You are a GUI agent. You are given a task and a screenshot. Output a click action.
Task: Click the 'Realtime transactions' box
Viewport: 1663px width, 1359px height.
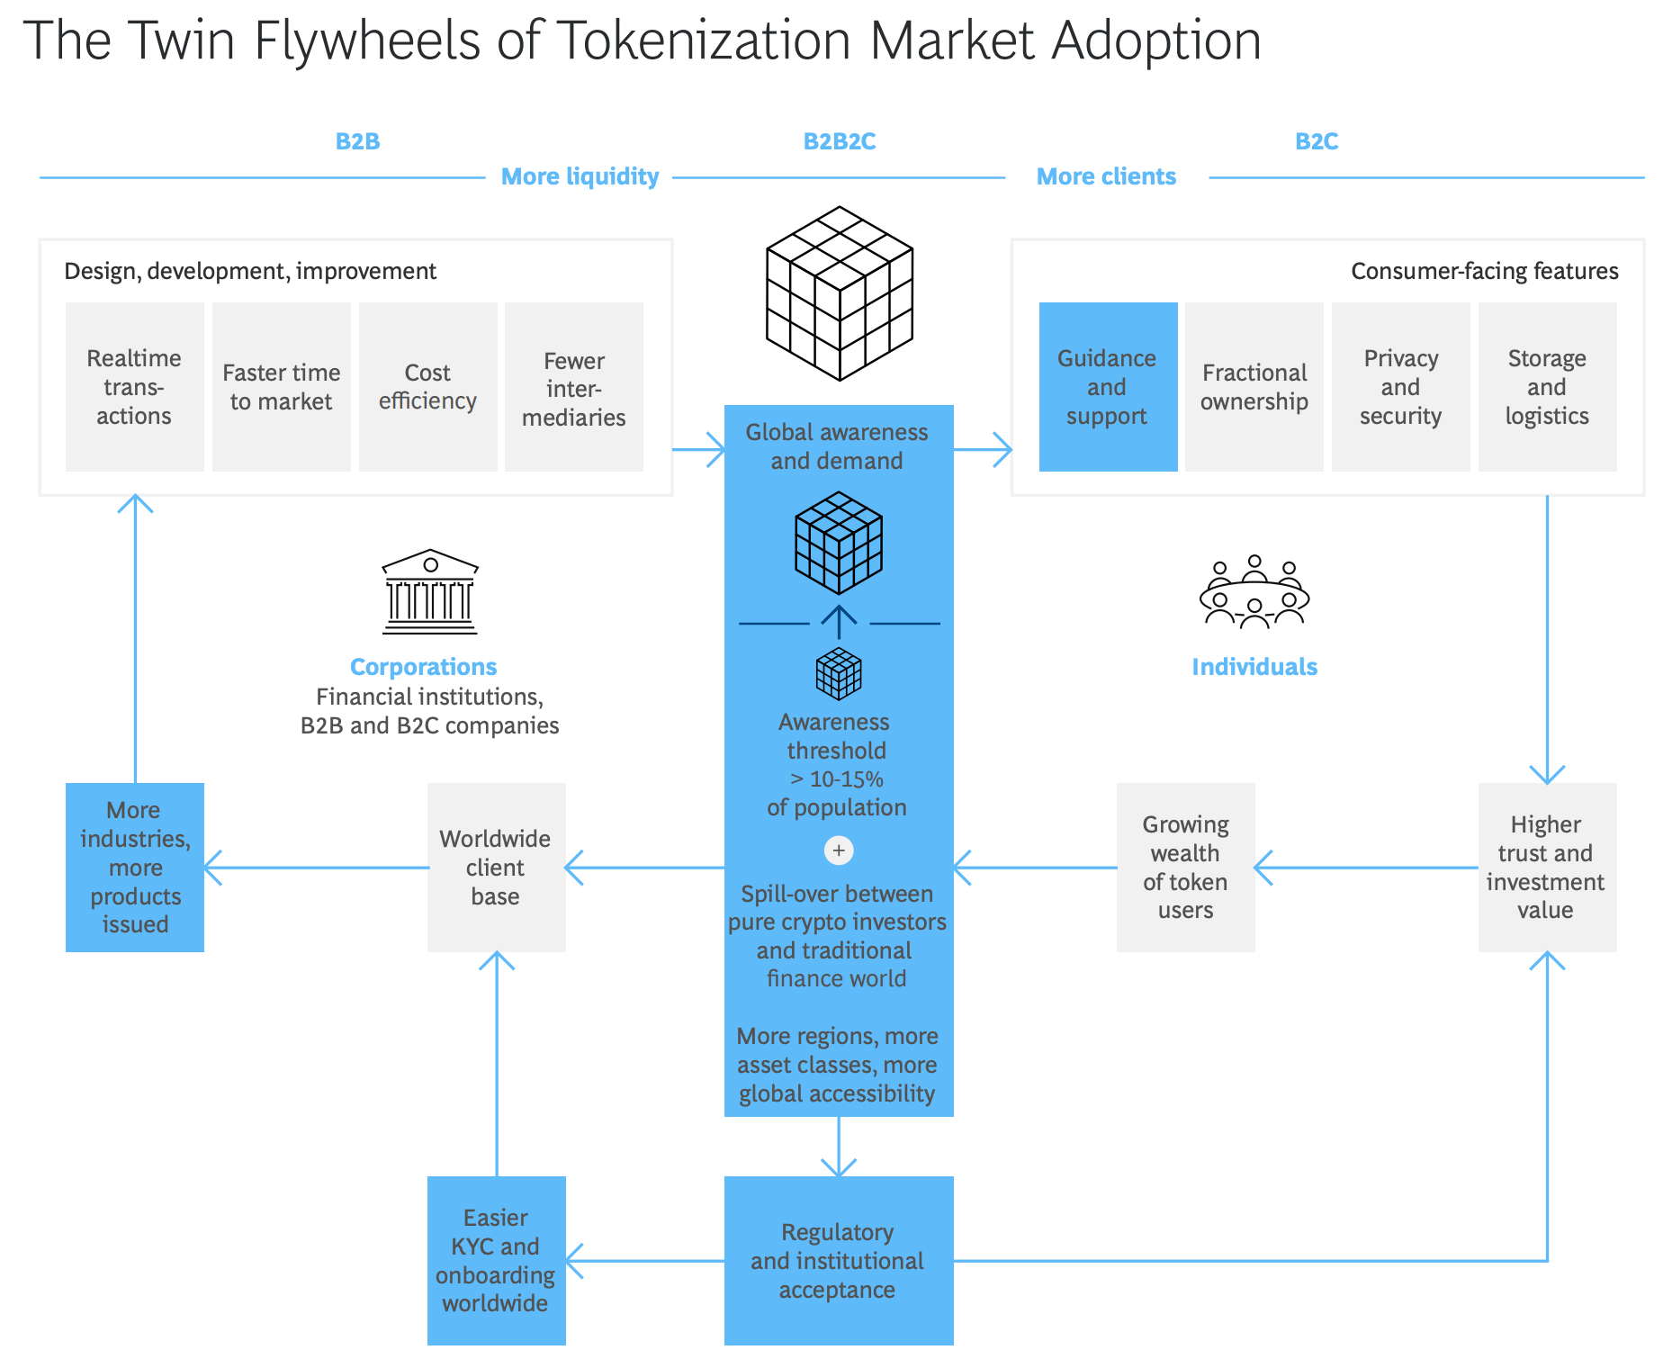point(135,387)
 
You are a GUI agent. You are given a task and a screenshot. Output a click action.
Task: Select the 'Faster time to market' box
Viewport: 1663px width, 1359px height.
point(282,387)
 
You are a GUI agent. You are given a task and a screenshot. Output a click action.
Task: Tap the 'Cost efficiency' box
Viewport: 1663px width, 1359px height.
point(428,387)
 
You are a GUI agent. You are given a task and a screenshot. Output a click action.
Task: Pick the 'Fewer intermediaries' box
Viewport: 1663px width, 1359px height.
point(574,387)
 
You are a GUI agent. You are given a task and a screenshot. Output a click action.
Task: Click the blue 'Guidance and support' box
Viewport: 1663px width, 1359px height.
point(1108,387)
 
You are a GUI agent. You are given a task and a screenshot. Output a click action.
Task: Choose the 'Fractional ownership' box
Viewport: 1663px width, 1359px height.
point(1254,387)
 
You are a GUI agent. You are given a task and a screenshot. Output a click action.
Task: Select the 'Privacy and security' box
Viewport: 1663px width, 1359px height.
point(1401,387)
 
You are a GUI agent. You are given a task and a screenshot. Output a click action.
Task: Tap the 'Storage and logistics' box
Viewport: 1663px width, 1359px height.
point(1547,387)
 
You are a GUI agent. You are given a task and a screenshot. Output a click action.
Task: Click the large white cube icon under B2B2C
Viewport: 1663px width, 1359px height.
point(840,293)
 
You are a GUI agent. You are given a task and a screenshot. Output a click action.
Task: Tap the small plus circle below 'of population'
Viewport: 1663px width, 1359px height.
point(839,850)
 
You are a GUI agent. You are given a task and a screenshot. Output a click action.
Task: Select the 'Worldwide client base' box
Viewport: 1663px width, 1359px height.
point(496,868)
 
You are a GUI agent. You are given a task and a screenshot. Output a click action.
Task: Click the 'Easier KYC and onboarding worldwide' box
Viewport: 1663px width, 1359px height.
point(496,1260)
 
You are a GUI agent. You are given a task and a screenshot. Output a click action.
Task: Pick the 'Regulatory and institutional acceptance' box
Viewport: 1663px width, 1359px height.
point(839,1260)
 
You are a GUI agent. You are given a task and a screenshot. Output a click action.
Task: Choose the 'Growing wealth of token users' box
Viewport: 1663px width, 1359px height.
point(1185,868)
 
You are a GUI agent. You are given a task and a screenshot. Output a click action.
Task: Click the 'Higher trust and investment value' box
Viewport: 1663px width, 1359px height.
point(1547,868)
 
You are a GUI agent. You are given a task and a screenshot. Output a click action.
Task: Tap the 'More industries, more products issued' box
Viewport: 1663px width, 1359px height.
point(135,868)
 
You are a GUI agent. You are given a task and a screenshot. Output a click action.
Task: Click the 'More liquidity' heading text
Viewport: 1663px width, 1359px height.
point(580,176)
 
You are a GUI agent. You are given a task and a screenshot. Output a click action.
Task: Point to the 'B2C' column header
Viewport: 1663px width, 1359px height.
point(1317,141)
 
